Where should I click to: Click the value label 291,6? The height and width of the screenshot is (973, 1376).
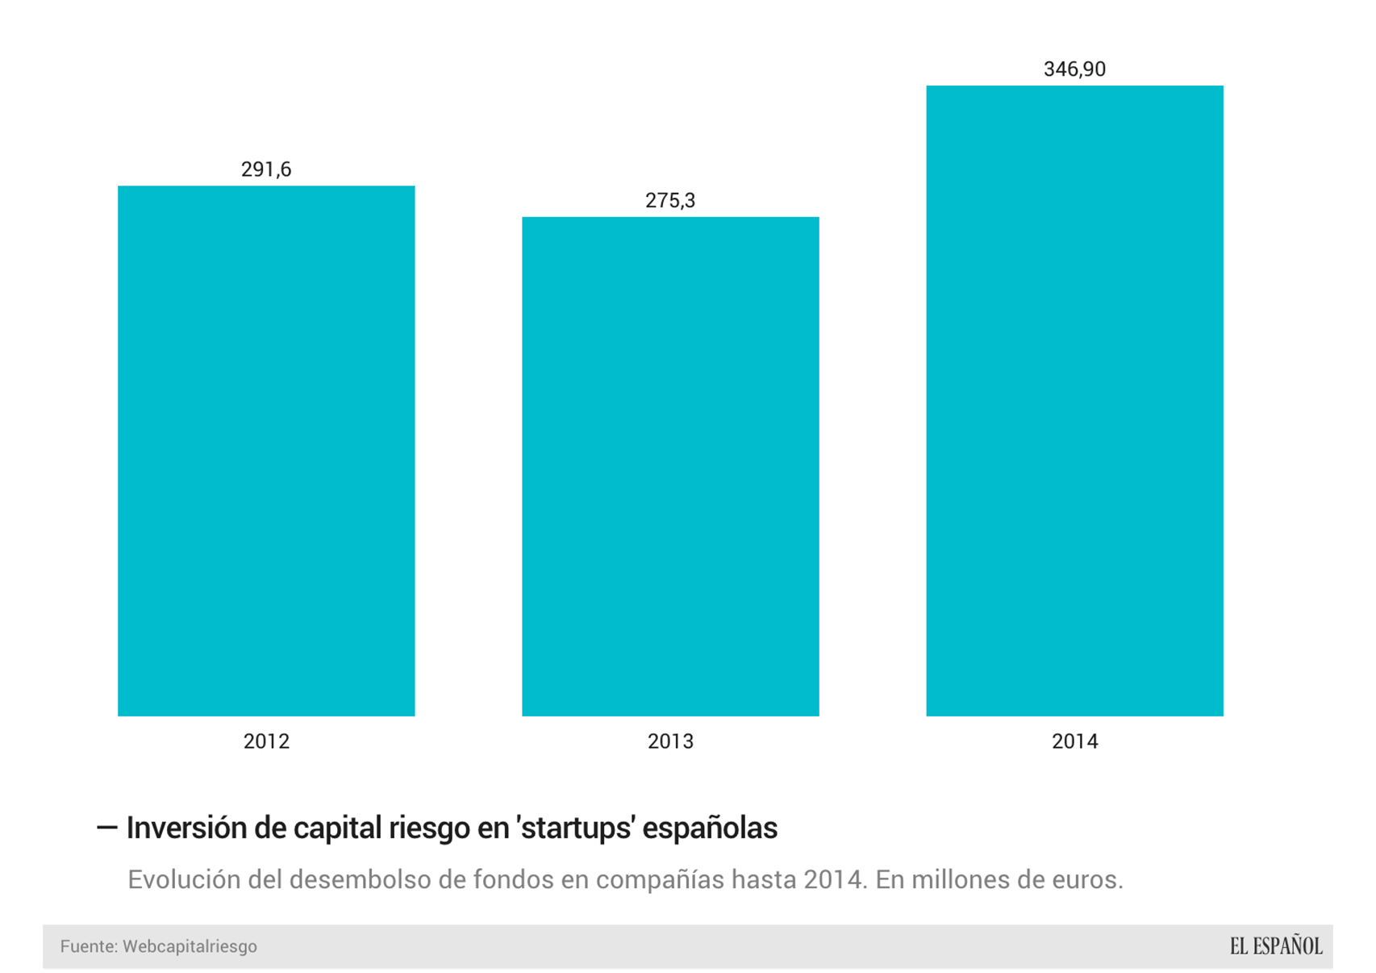click(266, 169)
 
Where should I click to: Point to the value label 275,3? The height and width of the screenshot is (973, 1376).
click(670, 200)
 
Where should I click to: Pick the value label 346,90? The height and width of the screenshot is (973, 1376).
click(1074, 69)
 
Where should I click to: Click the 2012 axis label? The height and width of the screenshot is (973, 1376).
click(266, 741)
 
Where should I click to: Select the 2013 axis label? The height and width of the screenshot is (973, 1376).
click(670, 741)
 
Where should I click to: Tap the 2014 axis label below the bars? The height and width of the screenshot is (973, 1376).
click(1074, 741)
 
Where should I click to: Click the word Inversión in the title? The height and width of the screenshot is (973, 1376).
click(186, 829)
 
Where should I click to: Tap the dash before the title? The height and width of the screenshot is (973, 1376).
click(106, 828)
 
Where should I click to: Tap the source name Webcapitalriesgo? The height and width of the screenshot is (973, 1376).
click(190, 946)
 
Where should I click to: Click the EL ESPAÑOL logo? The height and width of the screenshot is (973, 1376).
click(1275, 946)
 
